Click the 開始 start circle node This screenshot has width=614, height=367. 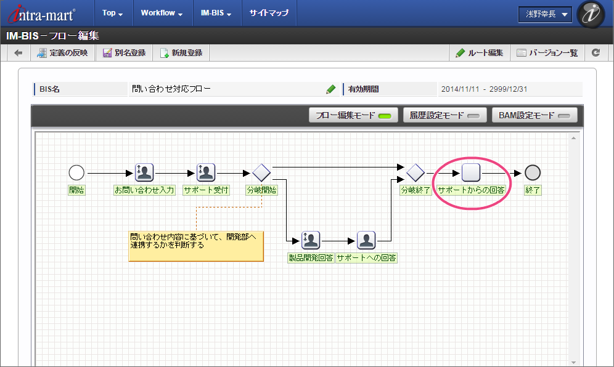tap(76, 172)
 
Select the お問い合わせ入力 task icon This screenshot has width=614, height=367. tap(144, 172)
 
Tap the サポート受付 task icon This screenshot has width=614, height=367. tap(205, 172)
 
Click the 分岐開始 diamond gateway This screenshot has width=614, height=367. tap(261, 172)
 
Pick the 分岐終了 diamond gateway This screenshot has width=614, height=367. tap(415, 172)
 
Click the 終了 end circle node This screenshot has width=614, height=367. tap(533, 172)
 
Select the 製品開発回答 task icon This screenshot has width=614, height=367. tap(311, 240)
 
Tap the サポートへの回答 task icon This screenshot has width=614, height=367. tap(366, 240)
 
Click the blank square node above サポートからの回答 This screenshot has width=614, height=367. tap(471, 172)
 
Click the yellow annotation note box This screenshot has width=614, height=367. tap(196, 246)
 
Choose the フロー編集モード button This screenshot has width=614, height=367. tap(353, 115)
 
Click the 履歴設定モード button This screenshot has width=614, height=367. tap(445, 115)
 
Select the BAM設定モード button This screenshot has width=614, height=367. tap(534, 115)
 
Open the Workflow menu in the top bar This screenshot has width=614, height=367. tap(162, 13)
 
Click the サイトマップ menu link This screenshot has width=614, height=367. tap(269, 13)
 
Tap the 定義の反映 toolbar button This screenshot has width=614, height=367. tap(63, 53)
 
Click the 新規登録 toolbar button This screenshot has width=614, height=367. tap(181, 53)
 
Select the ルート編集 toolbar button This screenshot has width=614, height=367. tap(479, 53)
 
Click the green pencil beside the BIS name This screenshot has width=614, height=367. tap(331, 89)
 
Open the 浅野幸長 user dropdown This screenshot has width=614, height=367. tap(545, 15)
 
